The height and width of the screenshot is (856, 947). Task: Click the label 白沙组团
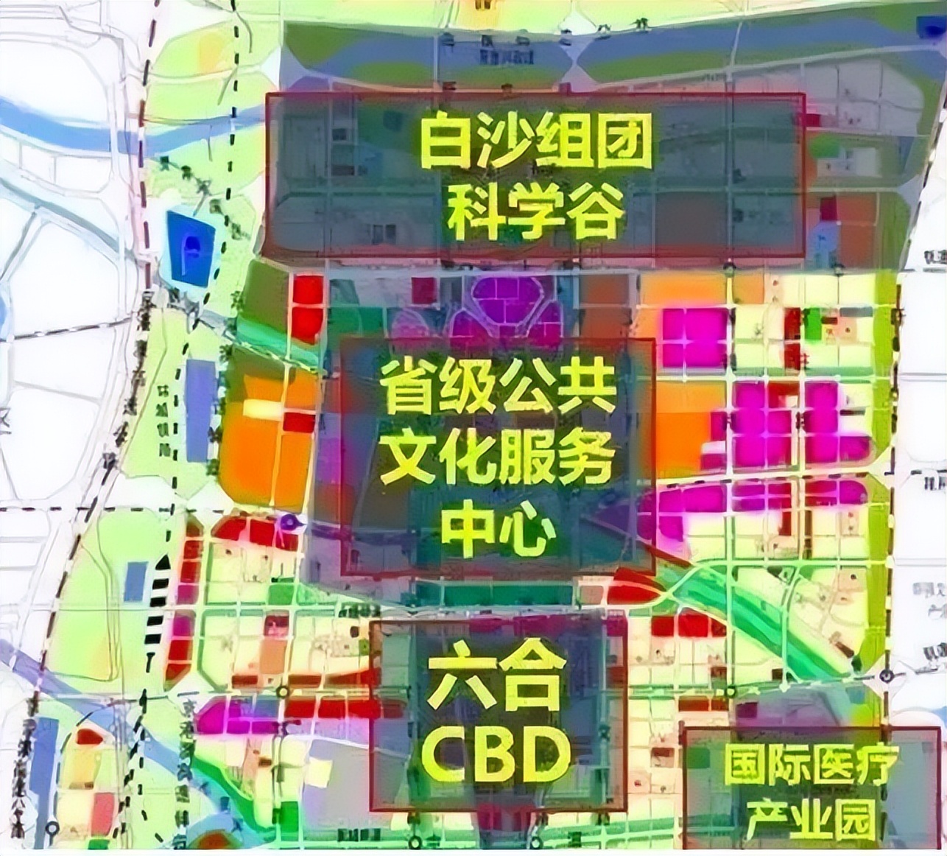coord(536,143)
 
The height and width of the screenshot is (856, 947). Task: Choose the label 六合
coord(497,681)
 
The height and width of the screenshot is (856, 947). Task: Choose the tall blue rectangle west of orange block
coord(200,410)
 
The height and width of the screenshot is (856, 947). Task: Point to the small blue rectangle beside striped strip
coord(135,581)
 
